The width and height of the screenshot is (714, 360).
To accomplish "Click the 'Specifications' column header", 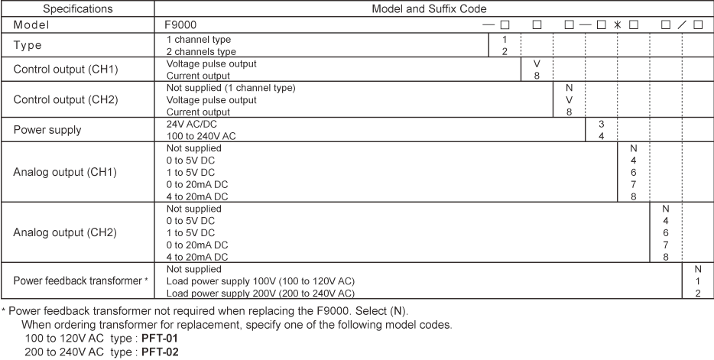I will click(x=77, y=9).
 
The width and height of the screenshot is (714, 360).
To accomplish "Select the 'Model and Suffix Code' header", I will click(x=433, y=9).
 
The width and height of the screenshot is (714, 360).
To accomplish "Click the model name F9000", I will click(x=182, y=24).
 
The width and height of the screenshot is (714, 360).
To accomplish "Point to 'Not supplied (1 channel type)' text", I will click(x=230, y=88).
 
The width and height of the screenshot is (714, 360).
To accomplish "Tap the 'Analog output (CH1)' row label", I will click(x=65, y=171).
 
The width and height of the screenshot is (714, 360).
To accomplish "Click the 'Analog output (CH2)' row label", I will click(x=65, y=232).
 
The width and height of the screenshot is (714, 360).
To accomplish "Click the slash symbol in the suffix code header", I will click(x=682, y=24).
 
